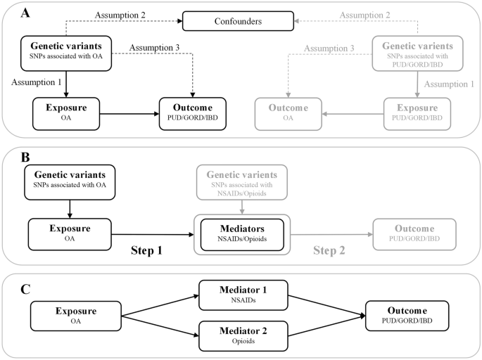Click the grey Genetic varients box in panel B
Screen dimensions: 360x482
pos(241,181)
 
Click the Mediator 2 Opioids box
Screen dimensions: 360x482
pos(241,335)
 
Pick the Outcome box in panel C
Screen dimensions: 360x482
pos(407,314)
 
